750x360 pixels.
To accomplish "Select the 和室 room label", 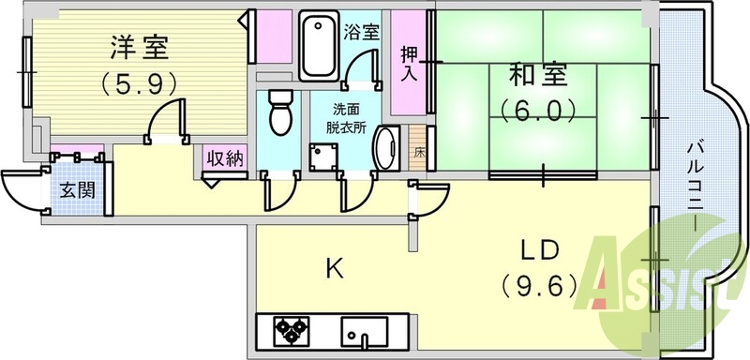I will pyautogui.click(x=538, y=74).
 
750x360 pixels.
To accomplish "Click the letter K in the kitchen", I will pyautogui.click(x=334, y=270).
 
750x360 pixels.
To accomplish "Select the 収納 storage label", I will pyautogui.click(x=225, y=158).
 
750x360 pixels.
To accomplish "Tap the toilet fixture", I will pyautogui.click(x=280, y=114).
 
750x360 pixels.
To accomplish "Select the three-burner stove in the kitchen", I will pyautogui.click(x=291, y=331).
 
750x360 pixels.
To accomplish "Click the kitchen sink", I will pyautogui.click(x=365, y=331).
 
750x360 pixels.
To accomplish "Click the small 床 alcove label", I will pyautogui.click(x=418, y=151).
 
